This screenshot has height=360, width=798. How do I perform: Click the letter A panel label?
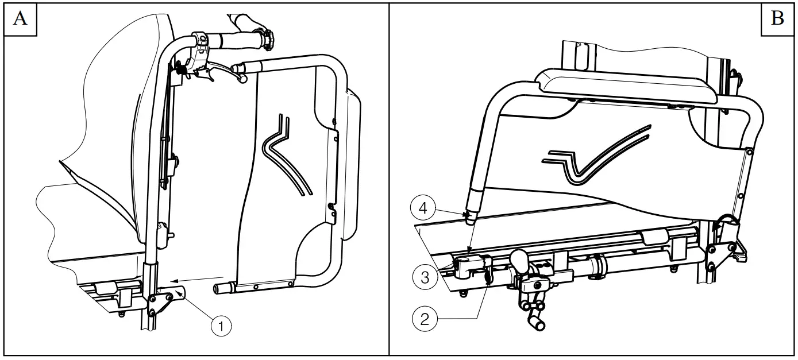pyautogui.click(x=20, y=20)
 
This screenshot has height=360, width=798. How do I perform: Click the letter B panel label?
pyautogui.click(x=777, y=20)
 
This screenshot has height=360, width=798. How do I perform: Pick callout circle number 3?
pyautogui.click(x=425, y=278)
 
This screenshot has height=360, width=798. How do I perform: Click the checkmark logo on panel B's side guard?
pyautogui.click(x=597, y=156)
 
